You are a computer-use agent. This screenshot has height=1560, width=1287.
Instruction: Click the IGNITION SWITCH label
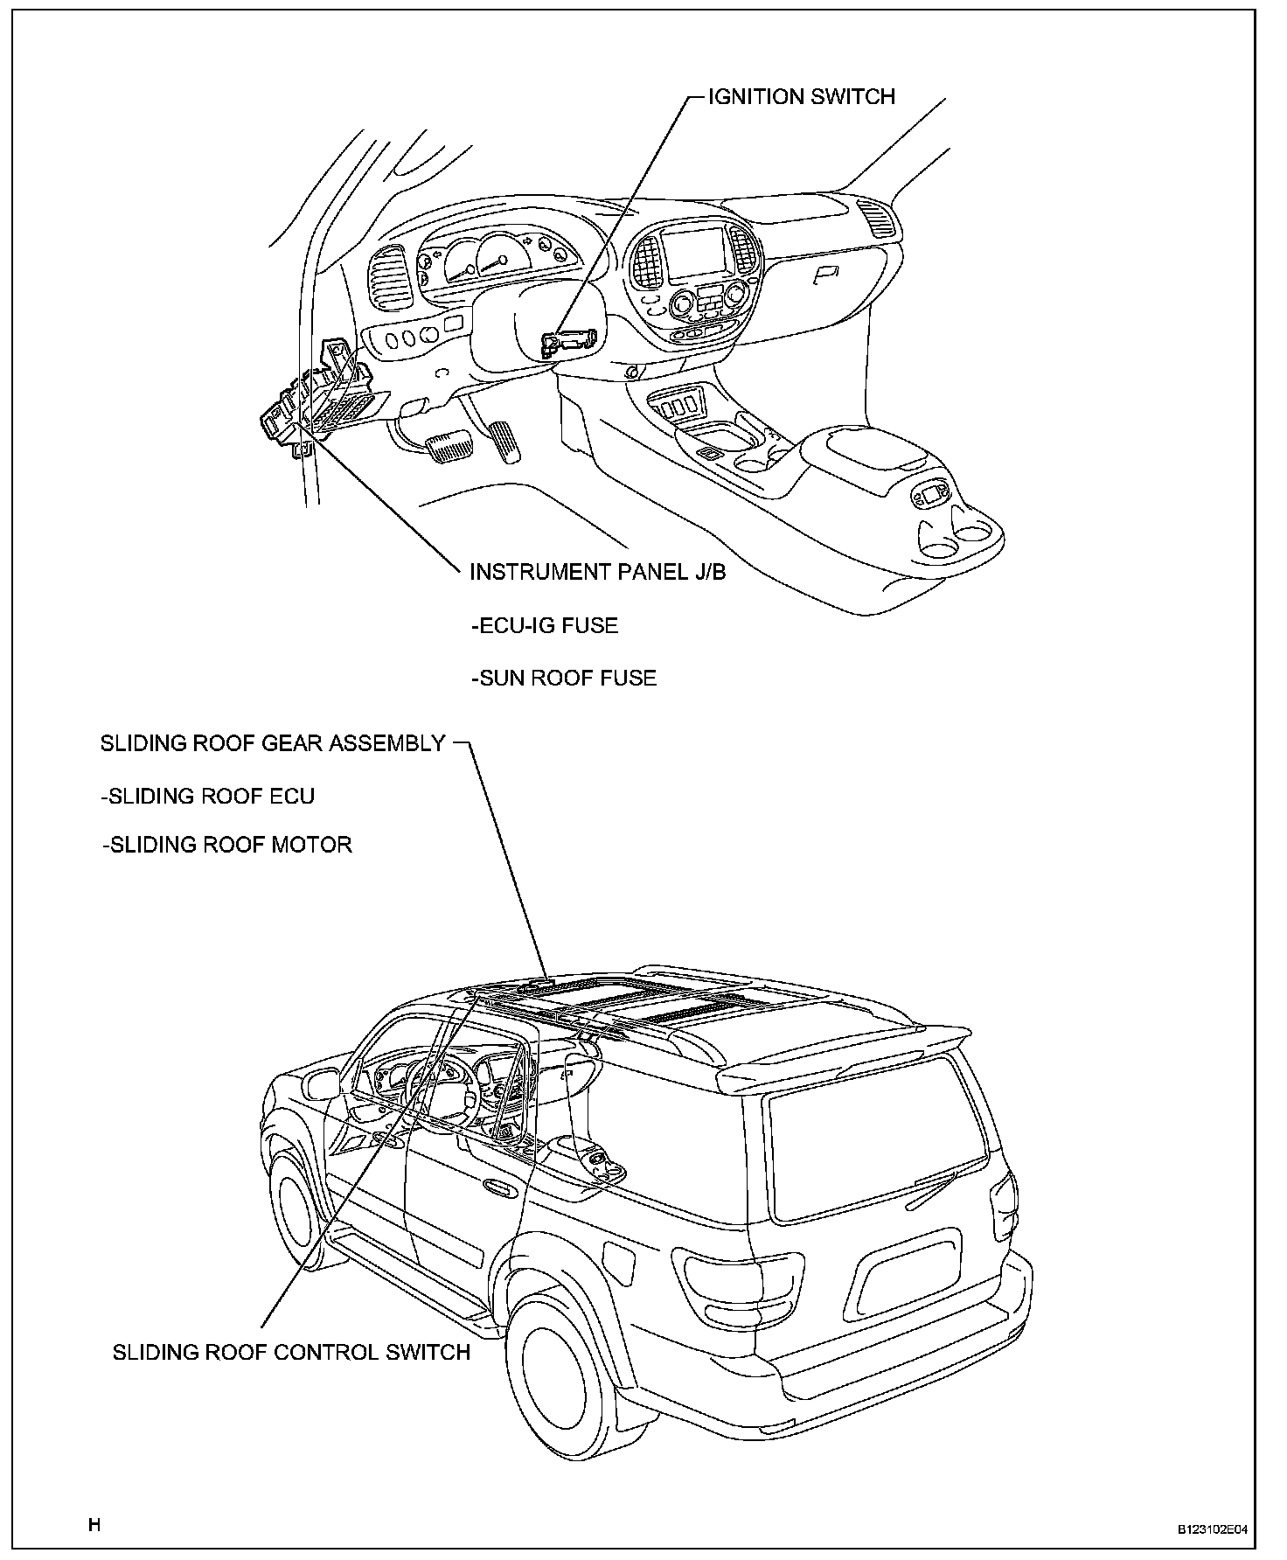pyautogui.click(x=801, y=96)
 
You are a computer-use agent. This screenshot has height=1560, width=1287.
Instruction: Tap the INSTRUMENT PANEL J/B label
pyautogui.click(x=598, y=572)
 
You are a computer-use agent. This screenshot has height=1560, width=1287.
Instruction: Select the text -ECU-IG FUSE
pyautogui.click(x=545, y=625)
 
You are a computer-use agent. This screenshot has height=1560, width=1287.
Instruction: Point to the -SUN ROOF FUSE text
pyautogui.click(x=564, y=678)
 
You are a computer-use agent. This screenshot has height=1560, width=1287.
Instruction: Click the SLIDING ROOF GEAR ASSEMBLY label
pyautogui.click(x=274, y=743)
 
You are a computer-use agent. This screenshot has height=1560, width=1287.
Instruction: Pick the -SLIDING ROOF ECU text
pyautogui.click(x=208, y=796)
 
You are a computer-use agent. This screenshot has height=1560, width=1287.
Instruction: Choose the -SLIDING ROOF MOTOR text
pyautogui.click(x=227, y=845)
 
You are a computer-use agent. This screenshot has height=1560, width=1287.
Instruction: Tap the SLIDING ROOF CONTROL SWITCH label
pyautogui.click(x=291, y=1352)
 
